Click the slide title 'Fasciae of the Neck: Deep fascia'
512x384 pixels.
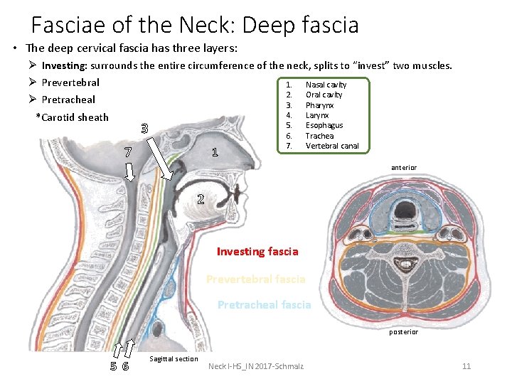(195, 26)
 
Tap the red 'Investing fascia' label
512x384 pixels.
(257, 251)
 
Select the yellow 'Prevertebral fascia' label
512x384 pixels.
(255, 279)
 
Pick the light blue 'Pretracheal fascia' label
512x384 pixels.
(264, 304)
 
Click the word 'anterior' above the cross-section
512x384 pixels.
(404, 168)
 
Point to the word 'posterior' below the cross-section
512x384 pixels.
(403, 332)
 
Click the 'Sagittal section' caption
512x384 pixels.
(174, 359)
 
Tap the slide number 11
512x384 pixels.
(466, 366)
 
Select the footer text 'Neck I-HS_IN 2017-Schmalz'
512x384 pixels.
(256, 366)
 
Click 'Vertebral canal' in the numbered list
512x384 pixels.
(332, 146)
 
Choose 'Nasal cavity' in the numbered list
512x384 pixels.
(326, 85)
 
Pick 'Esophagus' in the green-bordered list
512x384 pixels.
(324, 125)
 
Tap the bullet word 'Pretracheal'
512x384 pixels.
(68, 100)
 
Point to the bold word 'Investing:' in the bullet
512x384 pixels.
(66, 65)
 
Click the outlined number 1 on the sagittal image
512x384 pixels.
(215, 153)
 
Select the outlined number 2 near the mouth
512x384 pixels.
(201, 199)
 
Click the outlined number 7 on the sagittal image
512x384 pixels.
(127, 151)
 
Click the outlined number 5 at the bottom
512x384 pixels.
(114, 367)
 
